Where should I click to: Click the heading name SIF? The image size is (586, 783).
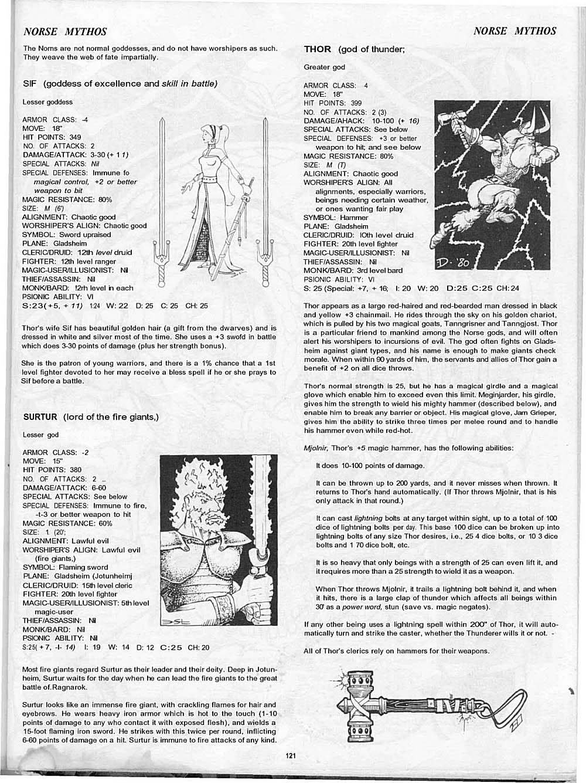29,83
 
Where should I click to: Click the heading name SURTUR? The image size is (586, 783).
40,417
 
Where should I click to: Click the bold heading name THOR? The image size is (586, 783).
318,49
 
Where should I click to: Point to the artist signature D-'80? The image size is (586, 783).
451,262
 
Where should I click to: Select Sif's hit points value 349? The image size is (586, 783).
75,137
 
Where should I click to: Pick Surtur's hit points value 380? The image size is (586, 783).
75,470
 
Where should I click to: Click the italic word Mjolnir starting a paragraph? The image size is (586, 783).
316,448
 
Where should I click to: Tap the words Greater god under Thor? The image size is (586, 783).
324,67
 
